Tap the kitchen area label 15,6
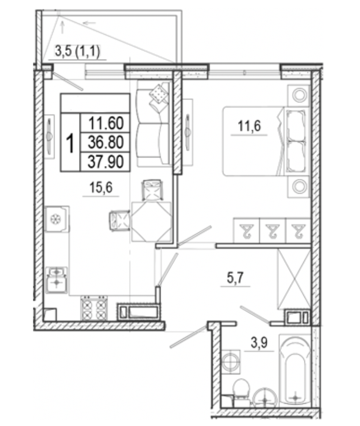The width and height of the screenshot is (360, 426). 101,187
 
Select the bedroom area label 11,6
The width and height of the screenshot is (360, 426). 249,126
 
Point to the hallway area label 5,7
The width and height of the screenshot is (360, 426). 236,278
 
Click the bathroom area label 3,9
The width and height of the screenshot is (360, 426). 259,343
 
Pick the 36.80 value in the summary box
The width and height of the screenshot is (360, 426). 106,142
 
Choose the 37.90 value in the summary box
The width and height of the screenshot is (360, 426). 106,162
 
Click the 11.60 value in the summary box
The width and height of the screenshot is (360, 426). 106,123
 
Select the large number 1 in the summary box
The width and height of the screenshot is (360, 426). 70,143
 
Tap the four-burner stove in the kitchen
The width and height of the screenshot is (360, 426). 94,309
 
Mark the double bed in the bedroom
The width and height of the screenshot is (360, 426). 266,141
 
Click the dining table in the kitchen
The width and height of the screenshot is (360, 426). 152,222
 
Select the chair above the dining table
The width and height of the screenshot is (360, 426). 152,190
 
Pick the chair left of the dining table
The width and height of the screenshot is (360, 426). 119,220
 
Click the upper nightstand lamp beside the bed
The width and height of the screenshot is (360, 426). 299,95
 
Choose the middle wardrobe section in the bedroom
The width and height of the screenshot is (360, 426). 273,230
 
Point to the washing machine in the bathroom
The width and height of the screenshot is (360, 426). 231,361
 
